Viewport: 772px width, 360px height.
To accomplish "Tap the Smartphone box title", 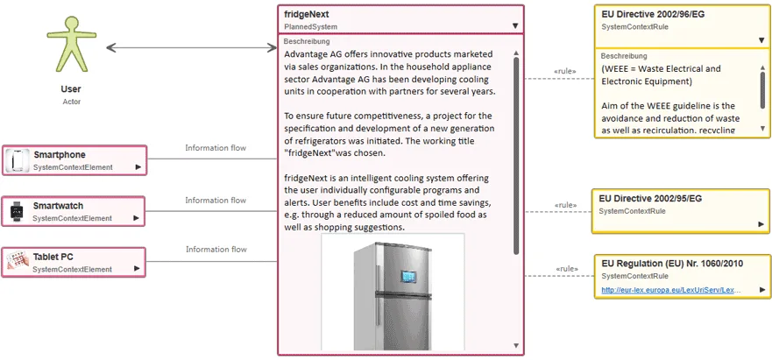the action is (x=60, y=155).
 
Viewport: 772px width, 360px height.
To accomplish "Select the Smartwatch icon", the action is (x=18, y=211).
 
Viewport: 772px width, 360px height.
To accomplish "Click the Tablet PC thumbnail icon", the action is (x=18, y=262).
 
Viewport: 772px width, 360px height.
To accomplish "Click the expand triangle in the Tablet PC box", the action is (x=138, y=269).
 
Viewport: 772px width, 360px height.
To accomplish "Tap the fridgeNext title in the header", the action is (x=306, y=14).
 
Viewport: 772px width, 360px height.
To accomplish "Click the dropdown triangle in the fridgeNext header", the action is (x=515, y=26).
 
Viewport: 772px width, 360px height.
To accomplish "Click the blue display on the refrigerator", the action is (x=407, y=276).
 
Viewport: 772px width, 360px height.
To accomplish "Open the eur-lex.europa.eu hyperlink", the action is (x=670, y=290).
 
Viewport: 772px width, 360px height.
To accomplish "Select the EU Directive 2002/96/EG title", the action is (x=653, y=14).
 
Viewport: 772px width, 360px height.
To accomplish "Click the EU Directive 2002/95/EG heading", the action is (x=650, y=199).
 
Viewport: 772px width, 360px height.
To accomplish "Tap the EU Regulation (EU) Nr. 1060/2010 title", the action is (x=672, y=264).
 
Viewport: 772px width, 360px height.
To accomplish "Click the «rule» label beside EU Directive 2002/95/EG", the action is (x=566, y=205).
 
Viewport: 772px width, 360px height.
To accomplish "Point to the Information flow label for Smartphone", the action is (x=216, y=148).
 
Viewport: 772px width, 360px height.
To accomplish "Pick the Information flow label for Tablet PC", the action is (x=216, y=249).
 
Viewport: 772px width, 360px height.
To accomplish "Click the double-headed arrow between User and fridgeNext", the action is (x=192, y=47).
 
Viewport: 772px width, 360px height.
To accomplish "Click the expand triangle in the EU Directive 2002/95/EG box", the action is (x=761, y=224).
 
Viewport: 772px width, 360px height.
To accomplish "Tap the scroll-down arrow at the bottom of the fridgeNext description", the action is (x=516, y=346).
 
